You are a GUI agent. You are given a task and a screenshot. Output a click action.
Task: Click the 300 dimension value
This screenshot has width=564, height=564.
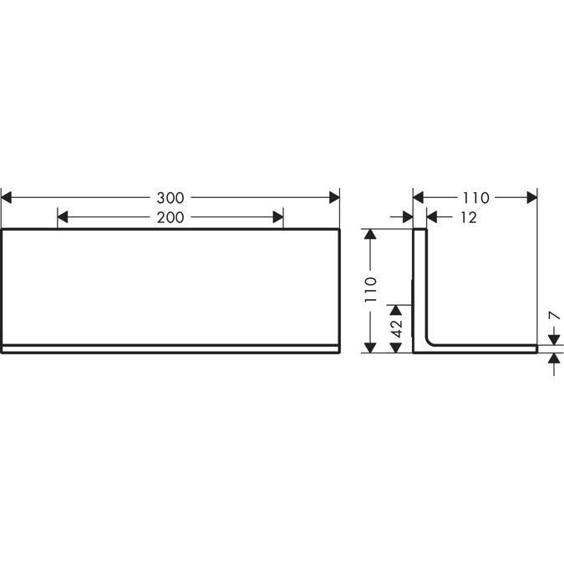(170, 198)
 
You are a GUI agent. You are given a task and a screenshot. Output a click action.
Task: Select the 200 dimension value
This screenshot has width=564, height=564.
(170, 218)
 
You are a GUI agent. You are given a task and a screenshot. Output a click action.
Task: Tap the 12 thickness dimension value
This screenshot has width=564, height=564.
(468, 218)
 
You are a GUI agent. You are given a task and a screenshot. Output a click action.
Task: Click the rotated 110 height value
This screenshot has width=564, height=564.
(371, 289)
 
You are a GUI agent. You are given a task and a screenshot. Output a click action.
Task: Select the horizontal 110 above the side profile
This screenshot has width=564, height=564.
(475, 198)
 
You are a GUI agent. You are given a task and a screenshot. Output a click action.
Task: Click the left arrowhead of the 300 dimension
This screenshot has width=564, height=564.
(7, 198)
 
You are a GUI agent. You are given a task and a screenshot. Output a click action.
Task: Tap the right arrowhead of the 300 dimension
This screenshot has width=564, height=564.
(334, 198)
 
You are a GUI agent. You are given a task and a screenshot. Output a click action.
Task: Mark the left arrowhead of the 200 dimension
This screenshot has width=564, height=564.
(63, 218)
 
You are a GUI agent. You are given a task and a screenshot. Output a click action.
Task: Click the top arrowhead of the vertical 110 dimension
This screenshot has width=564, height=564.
(371, 234)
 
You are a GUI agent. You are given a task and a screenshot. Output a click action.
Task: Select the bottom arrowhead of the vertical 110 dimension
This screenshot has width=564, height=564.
(371, 347)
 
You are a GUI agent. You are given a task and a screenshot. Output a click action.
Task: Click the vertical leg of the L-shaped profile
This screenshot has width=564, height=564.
(420, 284)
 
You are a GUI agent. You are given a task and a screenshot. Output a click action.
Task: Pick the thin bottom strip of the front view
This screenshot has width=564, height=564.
(170, 349)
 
